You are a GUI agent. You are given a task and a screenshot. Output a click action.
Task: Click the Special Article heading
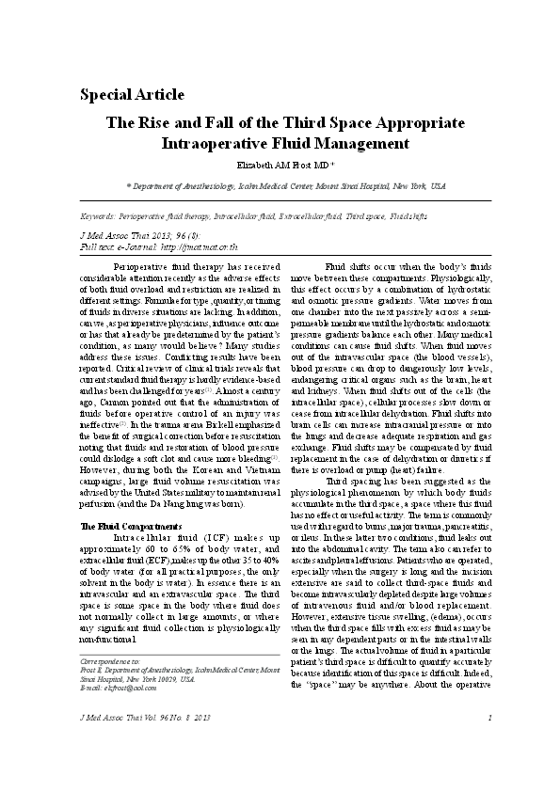click(x=132, y=94)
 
